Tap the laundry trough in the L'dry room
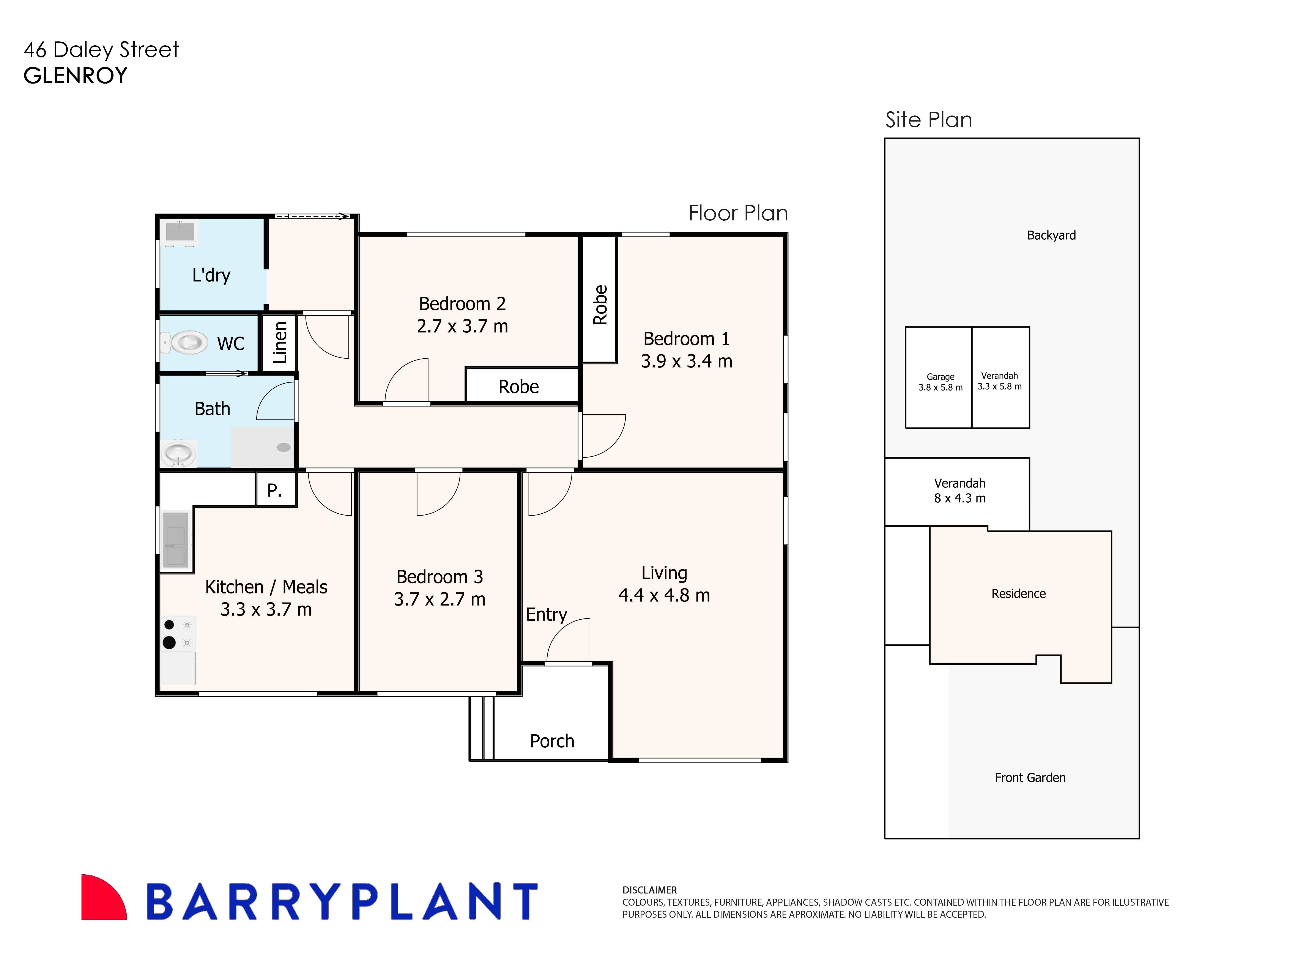pyautogui.click(x=179, y=232)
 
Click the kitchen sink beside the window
pyautogui.click(x=176, y=539)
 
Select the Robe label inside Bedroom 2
pyautogui.click(x=518, y=387)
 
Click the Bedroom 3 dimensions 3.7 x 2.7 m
pyautogui.click(x=440, y=599)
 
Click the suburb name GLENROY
pyautogui.click(x=75, y=76)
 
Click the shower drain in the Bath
pyautogui.click(x=284, y=447)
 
